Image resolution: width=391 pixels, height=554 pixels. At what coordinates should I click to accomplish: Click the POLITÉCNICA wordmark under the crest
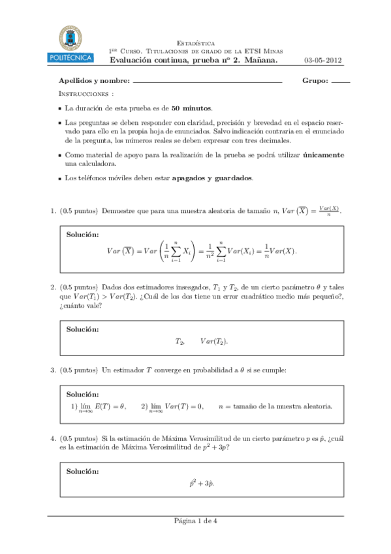point(70,58)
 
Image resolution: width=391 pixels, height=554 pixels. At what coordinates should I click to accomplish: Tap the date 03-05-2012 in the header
point(323,60)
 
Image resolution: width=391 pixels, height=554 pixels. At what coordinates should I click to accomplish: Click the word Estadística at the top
point(196,42)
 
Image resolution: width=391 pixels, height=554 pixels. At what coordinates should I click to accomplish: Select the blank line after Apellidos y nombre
point(207,83)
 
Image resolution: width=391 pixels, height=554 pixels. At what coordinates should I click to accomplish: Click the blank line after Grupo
point(341,83)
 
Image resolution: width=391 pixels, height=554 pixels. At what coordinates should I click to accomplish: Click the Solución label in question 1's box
point(83,235)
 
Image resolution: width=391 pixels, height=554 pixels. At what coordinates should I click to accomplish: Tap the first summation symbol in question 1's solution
point(176,252)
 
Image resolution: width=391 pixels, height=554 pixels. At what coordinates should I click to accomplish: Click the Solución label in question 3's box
point(83,395)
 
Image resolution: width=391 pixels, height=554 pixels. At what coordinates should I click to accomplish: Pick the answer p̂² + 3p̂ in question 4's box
point(202,483)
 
